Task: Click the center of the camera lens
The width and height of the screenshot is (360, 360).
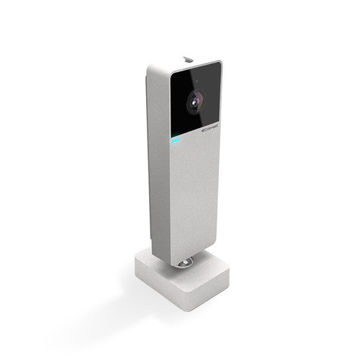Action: [x=198, y=102]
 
